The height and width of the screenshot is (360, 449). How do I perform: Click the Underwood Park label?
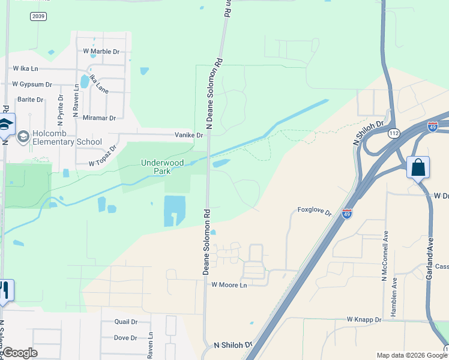click(x=155, y=166)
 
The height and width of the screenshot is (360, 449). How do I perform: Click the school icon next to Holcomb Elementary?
click(x=23, y=137)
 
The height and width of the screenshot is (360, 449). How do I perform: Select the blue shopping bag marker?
click(x=418, y=167)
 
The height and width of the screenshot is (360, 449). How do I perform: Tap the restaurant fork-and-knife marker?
click(x=5, y=291)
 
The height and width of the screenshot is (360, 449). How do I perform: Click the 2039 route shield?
click(x=38, y=16)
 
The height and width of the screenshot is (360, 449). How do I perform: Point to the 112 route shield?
click(x=394, y=134)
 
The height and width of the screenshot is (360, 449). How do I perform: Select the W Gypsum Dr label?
click(x=32, y=85)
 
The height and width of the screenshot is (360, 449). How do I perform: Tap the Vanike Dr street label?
click(x=189, y=135)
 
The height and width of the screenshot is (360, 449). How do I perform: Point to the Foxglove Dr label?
click(x=315, y=211)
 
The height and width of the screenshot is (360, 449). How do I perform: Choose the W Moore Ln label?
click(x=229, y=285)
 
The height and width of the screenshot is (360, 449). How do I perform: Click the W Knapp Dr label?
click(x=364, y=320)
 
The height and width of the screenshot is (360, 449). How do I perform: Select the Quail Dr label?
click(x=126, y=322)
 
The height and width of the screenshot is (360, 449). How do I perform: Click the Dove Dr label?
click(x=125, y=338)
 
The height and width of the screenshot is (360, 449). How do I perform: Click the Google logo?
click(x=20, y=353)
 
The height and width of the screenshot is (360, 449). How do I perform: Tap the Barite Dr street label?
click(x=31, y=100)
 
